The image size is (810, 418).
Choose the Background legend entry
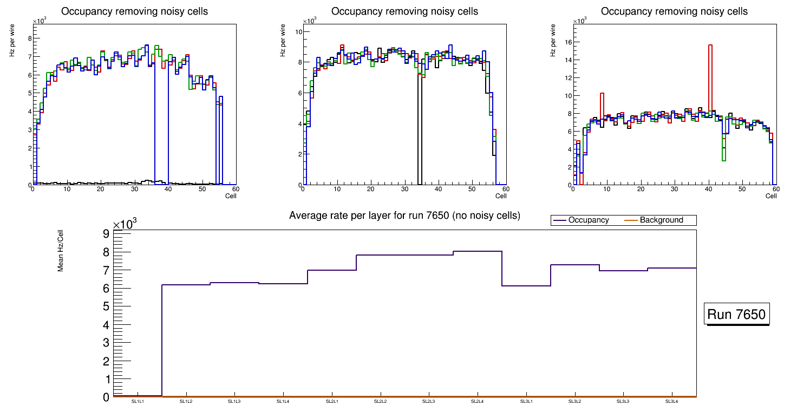tap(661, 220)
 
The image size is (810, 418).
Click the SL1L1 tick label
tap(138, 402)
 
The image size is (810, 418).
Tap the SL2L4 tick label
tap(478, 402)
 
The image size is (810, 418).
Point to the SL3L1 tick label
tap(526, 402)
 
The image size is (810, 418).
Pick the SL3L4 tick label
tap(672, 402)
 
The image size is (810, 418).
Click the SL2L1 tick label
tap(332, 402)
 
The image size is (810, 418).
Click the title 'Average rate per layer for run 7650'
tap(404, 215)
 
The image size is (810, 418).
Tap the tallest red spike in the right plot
tap(710, 46)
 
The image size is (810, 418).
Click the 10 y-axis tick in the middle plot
tap(297, 32)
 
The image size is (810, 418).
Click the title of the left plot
tap(134, 11)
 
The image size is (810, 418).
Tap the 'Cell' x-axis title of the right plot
tap(771, 195)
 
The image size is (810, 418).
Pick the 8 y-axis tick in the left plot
tap(28, 38)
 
